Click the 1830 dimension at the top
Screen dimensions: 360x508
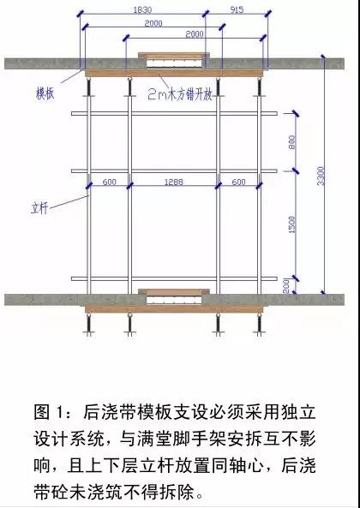[142, 9]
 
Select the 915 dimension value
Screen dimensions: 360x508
[237, 9]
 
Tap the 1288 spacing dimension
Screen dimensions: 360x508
[174, 182]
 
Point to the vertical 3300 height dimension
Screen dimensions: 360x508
[321, 176]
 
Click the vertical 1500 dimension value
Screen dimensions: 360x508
[292, 224]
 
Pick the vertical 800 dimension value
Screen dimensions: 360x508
[292, 142]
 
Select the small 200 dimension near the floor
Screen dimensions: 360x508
[286, 285]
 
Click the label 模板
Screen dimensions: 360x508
[45, 93]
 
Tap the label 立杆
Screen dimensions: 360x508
[39, 207]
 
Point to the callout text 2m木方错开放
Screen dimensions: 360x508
[180, 94]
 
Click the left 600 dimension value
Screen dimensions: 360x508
[109, 182]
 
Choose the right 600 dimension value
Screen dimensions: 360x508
[238, 182]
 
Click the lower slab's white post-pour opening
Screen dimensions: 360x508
[174, 300]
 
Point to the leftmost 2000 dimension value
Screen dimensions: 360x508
[153, 23]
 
